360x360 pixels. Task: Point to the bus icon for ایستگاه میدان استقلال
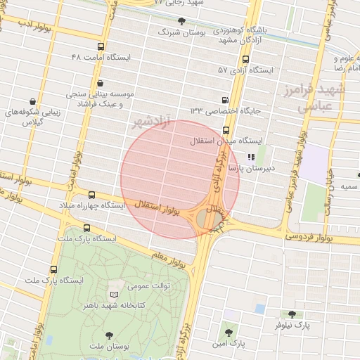pyautogui.click(x=226, y=130)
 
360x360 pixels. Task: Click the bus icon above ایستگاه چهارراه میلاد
pyautogui.click(x=92, y=195)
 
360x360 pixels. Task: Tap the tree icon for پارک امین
pyautogui.click(x=227, y=332)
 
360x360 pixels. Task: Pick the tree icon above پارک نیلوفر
pyautogui.click(x=292, y=314)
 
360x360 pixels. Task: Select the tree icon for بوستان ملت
pyautogui.click(x=108, y=335)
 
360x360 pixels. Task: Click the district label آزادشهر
pyautogui.click(x=151, y=122)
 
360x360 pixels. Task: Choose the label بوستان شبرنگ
pyautogui.click(x=180, y=32)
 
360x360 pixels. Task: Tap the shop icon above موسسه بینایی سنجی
pyautogui.click(x=100, y=82)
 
